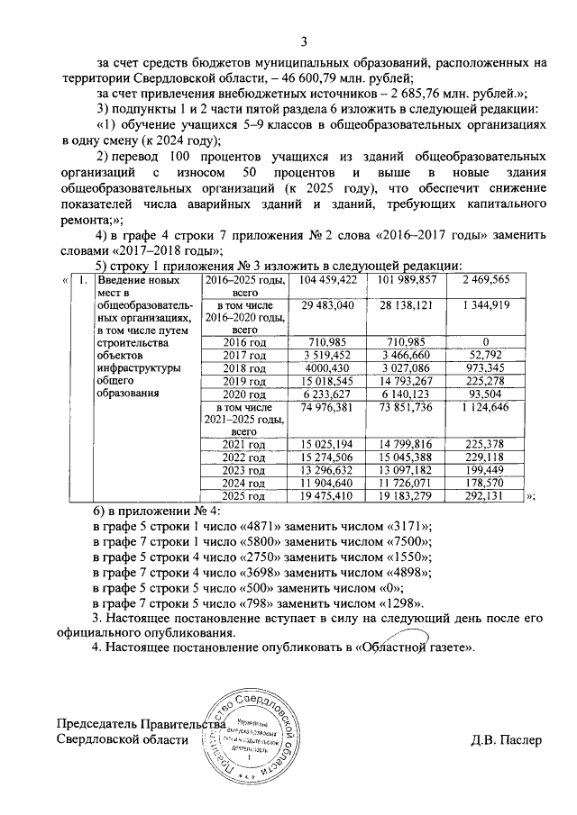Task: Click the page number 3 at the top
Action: [304, 41]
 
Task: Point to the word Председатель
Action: [99, 723]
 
